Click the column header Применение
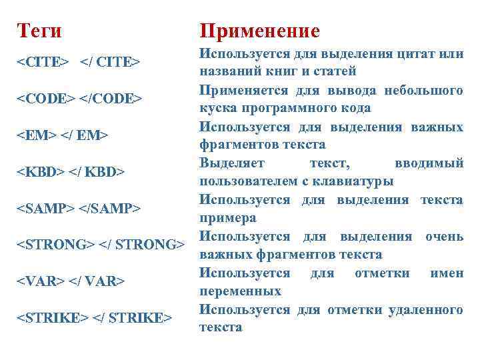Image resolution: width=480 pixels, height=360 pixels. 260,31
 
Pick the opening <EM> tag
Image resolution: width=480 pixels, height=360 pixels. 35,136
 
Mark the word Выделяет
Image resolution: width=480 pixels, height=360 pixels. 231,163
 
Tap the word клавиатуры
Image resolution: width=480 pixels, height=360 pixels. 359,181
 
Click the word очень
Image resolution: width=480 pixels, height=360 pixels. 445,237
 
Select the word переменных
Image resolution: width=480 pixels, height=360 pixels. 240,291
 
